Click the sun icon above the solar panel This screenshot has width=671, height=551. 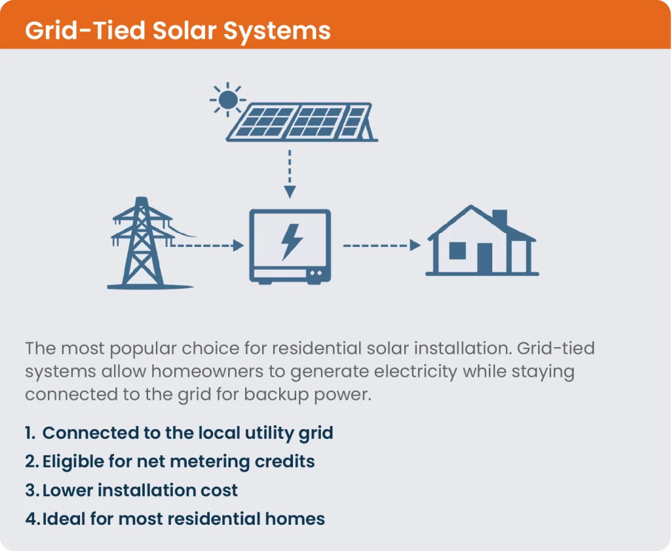[228, 100]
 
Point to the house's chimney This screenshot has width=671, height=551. [499, 218]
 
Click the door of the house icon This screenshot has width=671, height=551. [484, 258]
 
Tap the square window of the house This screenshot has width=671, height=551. [457, 250]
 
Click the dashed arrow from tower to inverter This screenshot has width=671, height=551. [204, 246]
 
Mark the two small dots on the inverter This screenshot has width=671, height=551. [316, 273]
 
